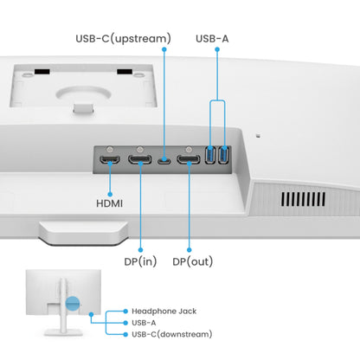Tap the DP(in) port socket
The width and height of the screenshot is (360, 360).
pyautogui.click(x=138, y=159)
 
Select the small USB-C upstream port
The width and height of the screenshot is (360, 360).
pyautogui.click(x=163, y=159)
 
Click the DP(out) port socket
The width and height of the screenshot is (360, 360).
pyautogui.click(x=188, y=159)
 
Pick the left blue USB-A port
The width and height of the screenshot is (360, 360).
pyautogui.click(x=212, y=157)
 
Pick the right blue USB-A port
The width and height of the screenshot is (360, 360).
pyautogui.click(x=224, y=157)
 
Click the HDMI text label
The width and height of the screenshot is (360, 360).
pyautogui.click(x=109, y=203)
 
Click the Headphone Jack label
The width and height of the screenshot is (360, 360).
pyautogui.click(x=164, y=310)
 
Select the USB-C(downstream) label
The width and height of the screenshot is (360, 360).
pyautogui.click(x=171, y=333)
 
